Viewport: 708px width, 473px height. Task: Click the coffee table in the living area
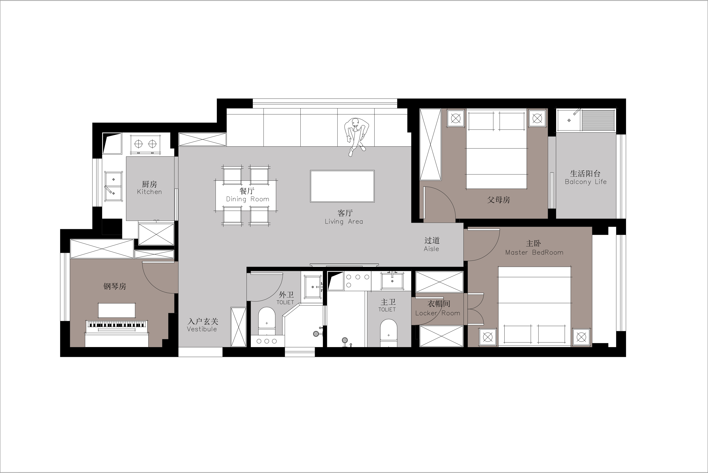(x=342, y=186)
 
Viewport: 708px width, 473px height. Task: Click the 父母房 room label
(x=498, y=200)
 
